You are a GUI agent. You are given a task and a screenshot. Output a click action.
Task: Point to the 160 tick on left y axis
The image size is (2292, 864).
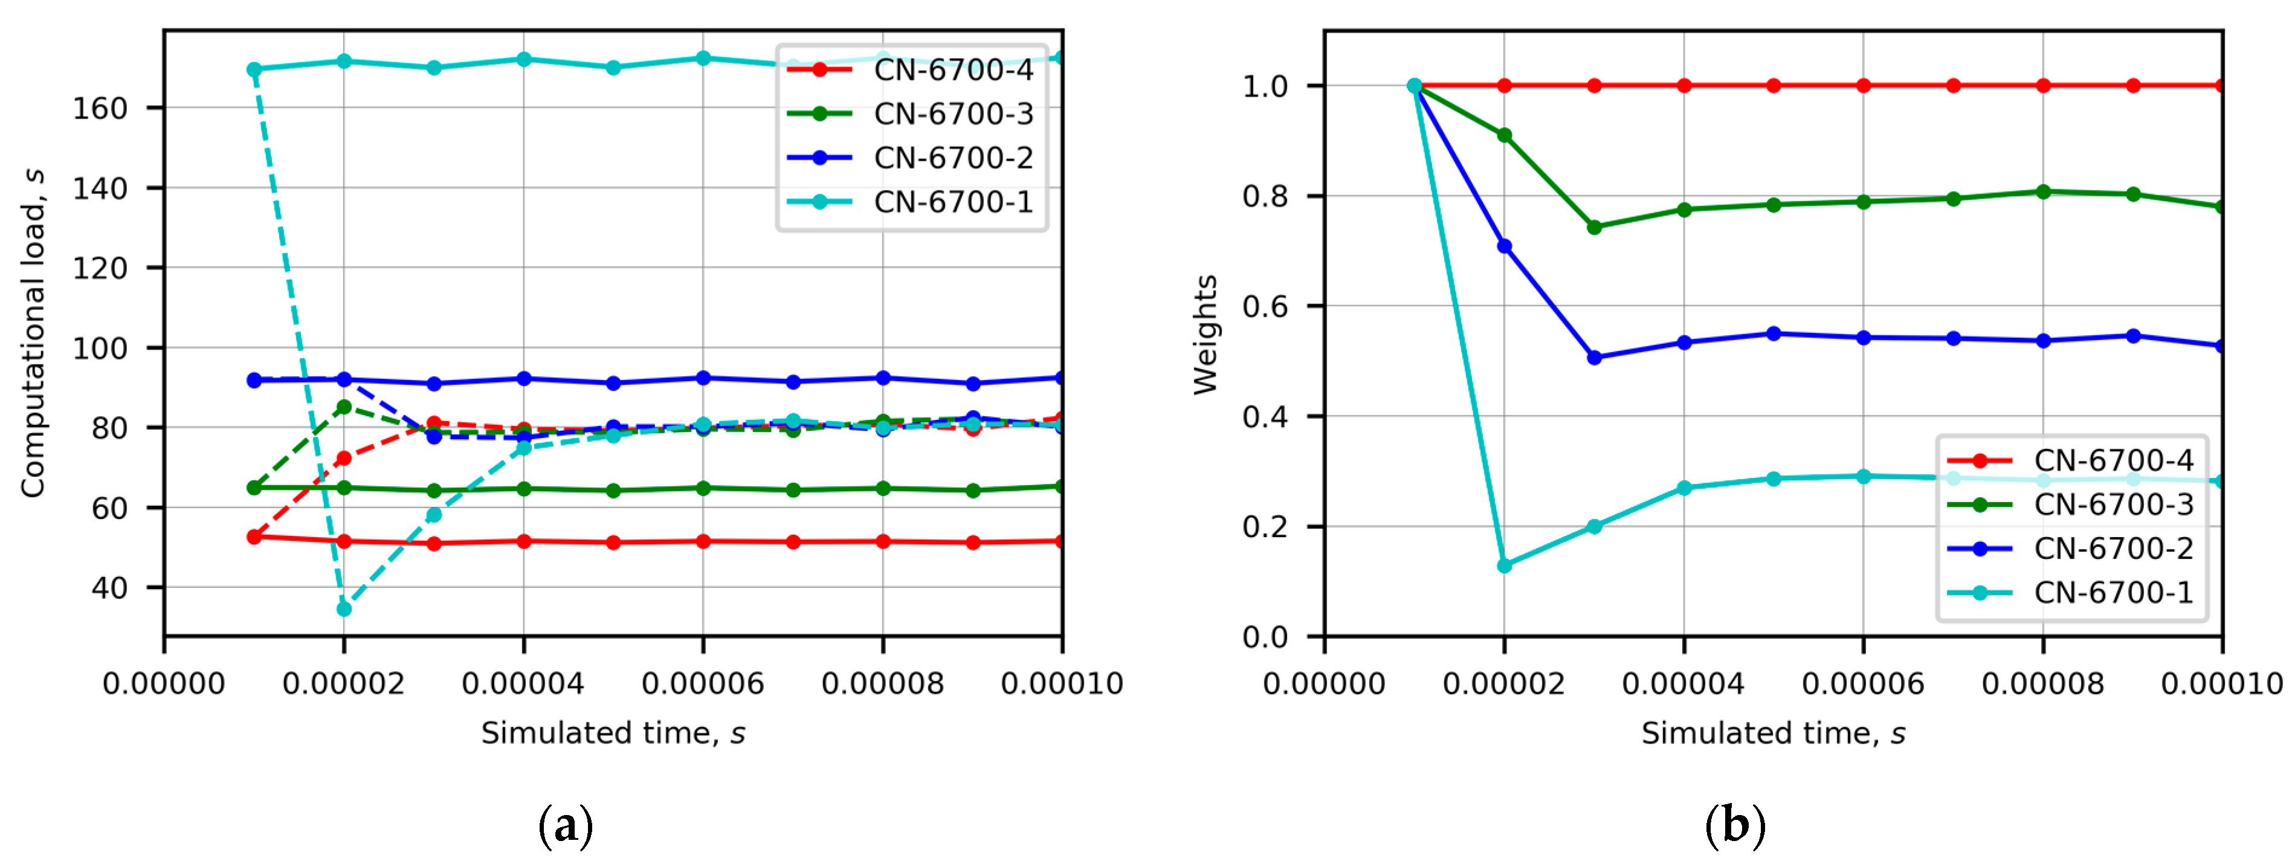click(x=100, y=109)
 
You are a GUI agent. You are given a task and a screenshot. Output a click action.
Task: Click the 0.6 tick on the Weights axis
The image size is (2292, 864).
click(x=1264, y=307)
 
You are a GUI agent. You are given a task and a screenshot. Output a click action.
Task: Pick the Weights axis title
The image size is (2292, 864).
click(x=1206, y=335)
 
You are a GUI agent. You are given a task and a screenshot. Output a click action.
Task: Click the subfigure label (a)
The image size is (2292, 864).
click(x=565, y=826)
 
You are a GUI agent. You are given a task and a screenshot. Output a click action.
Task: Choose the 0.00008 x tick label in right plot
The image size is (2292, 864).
click(x=2043, y=683)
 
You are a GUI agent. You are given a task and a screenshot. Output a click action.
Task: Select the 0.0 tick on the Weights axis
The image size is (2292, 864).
click(x=1264, y=637)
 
